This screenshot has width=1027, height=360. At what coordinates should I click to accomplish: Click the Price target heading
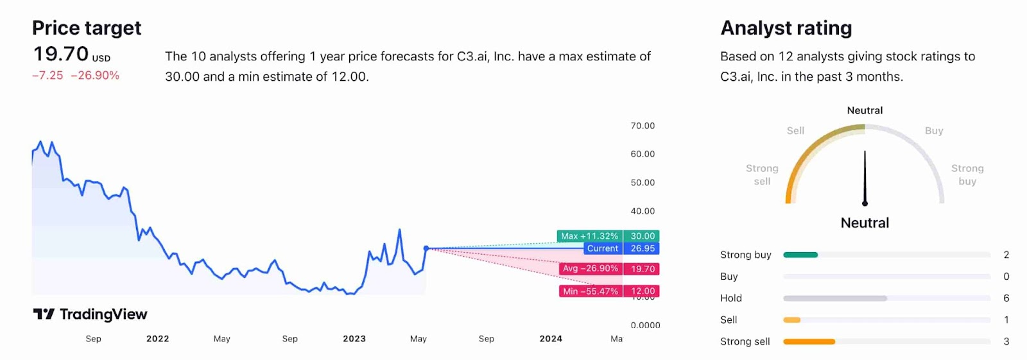(87, 28)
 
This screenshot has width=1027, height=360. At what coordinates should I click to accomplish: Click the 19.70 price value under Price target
(61, 54)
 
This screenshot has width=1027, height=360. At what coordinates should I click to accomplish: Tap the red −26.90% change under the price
(95, 76)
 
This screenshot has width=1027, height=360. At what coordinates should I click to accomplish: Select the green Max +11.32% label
(589, 236)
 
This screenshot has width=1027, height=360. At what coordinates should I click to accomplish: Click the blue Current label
(602, 248)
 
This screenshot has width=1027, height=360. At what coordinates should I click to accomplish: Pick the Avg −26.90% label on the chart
(590, 269)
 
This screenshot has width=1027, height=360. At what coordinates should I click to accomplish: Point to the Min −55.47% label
(590, 291)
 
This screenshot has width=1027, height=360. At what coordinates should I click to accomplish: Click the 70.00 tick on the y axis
(643, 126)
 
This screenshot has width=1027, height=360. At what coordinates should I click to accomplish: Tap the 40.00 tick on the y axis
(643, 211)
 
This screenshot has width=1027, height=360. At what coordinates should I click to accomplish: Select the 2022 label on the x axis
(157, 339)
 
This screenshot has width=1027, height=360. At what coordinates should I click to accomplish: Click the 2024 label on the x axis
(551, 339)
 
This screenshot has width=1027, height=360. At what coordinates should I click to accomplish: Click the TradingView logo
(90, 314)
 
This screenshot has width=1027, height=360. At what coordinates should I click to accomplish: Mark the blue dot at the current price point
(426, 248)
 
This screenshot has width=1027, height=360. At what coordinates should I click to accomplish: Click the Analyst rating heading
(786, 28)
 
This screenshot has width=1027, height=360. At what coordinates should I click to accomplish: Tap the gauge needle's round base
(865, 203)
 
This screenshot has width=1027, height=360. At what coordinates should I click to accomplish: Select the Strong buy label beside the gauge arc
(967, 175)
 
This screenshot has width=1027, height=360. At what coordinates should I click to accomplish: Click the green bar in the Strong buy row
(800, 255)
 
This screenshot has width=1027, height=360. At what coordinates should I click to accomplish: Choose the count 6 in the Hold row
(1006, 298)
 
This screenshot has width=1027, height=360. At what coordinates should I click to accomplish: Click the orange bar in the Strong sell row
(809, 341)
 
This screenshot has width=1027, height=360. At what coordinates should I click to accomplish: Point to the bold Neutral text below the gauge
(865, 223)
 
